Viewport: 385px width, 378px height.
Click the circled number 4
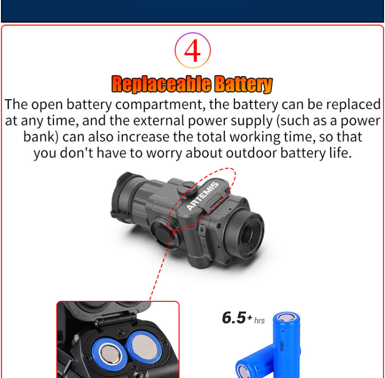point(192,50)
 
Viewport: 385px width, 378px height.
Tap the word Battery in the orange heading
point(243,84)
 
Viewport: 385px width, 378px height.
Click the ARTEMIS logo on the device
point(202,196)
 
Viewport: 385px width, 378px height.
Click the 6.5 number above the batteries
point(234,318)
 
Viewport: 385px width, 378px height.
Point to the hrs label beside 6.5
point(259,321)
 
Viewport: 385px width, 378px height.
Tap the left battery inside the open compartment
point(108,354)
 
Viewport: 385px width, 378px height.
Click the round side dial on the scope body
point(163,233)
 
